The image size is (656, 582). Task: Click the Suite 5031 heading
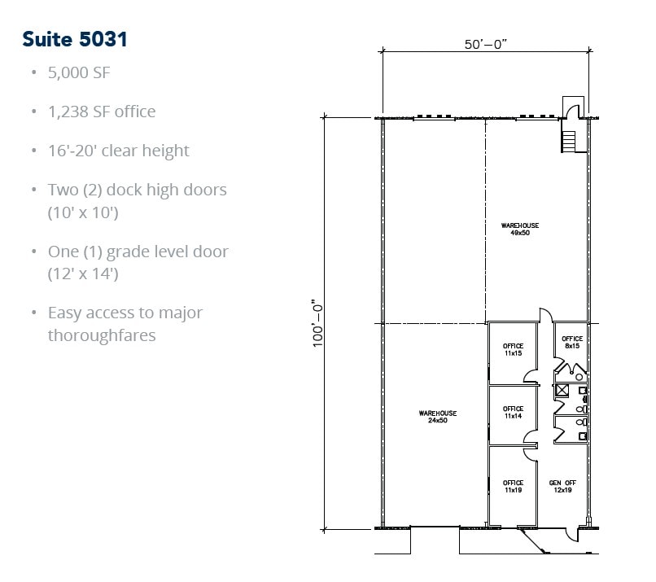[x=75, y=38]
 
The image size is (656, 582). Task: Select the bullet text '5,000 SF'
[x=79, y=72]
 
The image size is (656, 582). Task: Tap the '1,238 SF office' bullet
[x=102, y=112]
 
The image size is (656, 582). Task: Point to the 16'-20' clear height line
[x=119, y=151]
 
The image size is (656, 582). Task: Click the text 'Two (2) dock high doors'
[x=138, y=190]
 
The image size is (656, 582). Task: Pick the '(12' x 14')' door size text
[x=83, y=273]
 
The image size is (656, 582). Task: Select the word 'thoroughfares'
[x=102, y=335]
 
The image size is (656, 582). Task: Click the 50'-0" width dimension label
[x=486, y=44]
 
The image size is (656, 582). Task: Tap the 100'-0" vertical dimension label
[x=319, y=323]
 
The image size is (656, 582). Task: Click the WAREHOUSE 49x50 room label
[x=519, y=229]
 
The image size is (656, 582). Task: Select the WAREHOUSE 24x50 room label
[x=437, y=417]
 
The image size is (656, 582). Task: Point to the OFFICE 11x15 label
[x=513, y=349]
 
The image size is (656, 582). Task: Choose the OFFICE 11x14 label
[x=513, y=413]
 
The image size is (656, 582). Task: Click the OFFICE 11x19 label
[x=513, y=487]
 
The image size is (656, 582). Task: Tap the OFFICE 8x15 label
[x=572, y=342]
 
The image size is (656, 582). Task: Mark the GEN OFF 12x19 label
[x=562, y=487]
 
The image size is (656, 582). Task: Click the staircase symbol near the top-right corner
[x=568, y=141]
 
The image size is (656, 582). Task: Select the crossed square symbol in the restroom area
[x=562, y=390]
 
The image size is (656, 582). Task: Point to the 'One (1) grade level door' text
[x=138, y=252]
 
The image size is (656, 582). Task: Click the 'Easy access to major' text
[x=125, y=313]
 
